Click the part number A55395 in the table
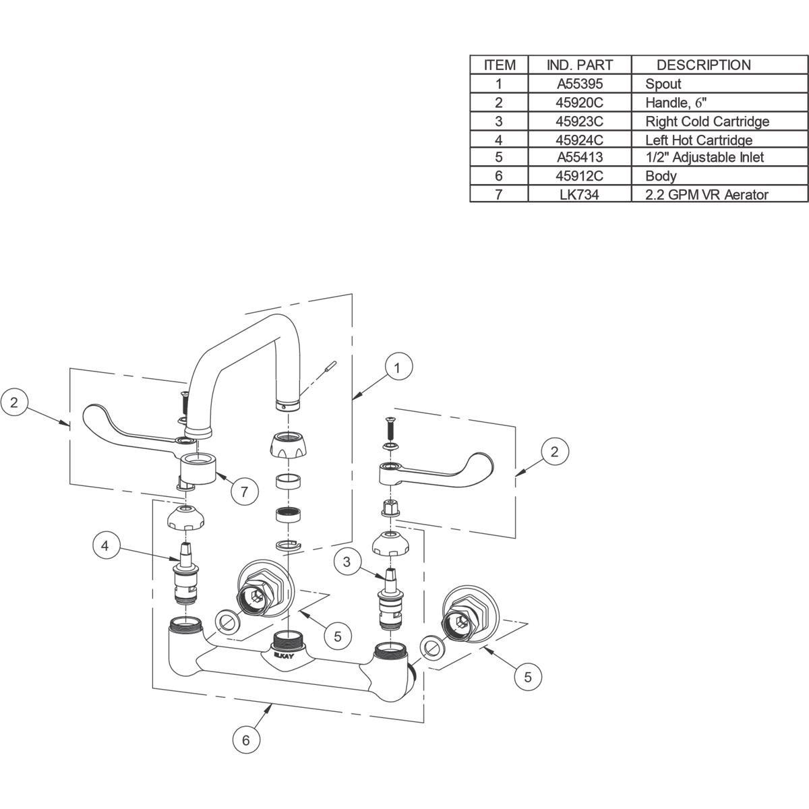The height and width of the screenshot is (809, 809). tap(580, 84)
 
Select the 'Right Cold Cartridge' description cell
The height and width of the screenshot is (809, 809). tap(707, 121)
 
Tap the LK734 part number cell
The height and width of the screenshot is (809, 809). tap(580, 195)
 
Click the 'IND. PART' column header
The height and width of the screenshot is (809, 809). tap(580, 65)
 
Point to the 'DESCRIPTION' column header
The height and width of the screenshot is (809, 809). tap(703, 65)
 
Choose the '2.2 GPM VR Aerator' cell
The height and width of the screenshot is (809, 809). tap(707, 195)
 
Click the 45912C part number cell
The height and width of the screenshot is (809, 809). tap(580, 176)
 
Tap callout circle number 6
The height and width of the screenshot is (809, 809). tap(246, 740)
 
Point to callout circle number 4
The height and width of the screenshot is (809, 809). tap(105, 545)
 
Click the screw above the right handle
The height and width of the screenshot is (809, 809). tap(389, 428)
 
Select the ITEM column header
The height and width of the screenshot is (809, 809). tap(500, 65)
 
